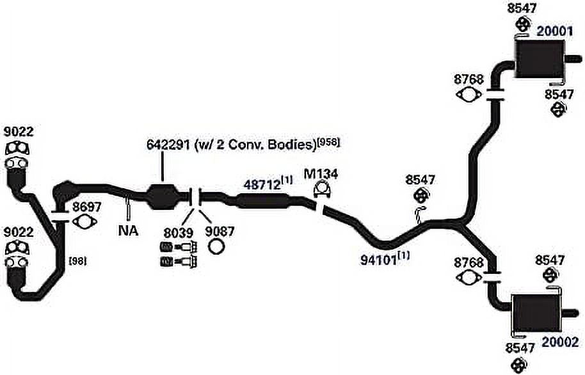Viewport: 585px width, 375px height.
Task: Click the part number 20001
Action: tap(554, 31)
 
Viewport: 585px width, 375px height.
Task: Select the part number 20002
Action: tap(560, 342)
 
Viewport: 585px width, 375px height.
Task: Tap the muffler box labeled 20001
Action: tap(540, 59)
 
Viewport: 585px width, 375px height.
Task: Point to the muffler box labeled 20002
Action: tap(536, 314)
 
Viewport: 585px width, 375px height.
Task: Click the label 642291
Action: tap(168, 145)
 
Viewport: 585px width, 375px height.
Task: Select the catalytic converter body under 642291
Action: tap(163, 196)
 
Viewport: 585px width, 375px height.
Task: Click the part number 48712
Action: tap(262, 184)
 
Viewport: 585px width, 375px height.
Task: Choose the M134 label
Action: tap(321, 174)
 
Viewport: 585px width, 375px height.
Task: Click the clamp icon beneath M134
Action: tap(323, 189)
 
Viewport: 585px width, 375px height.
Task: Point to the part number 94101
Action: tap(379, 260)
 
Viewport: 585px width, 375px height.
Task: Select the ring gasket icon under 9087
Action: tap(217, 246)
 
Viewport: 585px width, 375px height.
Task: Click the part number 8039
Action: tap(179, 233)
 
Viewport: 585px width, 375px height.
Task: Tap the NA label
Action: tap(128, 230)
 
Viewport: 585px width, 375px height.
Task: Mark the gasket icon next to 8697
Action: tap(84, 221)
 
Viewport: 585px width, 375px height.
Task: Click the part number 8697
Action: tap(87, 207)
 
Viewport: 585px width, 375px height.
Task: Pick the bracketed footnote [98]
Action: tap(78, 261)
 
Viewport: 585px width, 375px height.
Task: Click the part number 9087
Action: tap(220, 232)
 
